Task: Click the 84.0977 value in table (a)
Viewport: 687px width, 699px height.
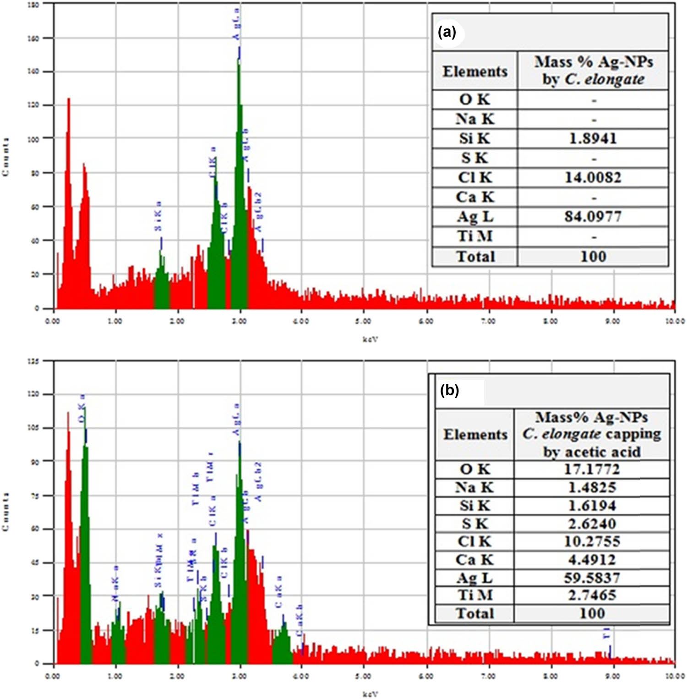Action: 593,216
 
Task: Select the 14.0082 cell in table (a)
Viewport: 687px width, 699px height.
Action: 593,177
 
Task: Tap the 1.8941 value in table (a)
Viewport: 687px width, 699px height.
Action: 593,138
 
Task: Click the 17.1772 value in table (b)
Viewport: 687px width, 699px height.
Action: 592,470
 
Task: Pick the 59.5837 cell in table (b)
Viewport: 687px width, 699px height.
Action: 592,578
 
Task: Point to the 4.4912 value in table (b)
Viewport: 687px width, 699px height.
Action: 592,560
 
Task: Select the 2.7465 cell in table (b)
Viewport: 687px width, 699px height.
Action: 592,595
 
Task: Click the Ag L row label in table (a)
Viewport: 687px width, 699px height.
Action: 475,217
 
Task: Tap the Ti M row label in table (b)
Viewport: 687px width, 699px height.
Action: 474,595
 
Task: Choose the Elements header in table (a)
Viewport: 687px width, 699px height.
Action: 475,71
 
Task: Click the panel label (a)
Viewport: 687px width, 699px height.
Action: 447,33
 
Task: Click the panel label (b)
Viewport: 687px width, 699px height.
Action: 449,390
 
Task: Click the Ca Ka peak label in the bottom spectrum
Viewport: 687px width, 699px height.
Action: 279,591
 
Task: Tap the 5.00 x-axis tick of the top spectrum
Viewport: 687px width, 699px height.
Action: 363,322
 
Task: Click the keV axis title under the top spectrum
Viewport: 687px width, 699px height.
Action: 371,339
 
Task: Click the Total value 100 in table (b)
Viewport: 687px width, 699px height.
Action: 592,613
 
